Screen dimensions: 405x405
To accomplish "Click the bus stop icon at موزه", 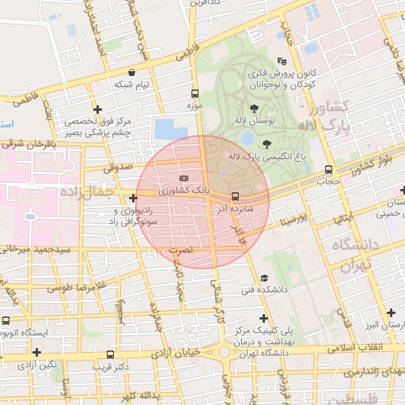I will (195, 93).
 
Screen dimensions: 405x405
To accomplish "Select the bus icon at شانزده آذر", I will (234, 197).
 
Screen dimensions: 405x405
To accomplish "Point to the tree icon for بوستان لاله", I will (254, 109).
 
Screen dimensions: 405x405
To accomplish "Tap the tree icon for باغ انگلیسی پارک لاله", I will (266, 144).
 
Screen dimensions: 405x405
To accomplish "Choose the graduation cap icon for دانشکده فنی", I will (263, 278).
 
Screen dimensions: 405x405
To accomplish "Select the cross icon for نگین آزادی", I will (36, 351).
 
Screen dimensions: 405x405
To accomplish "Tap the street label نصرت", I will (181, 249).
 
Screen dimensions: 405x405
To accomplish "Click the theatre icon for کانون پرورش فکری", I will (282, 61).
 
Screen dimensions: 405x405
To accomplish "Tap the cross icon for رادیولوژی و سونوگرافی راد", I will (133, 198).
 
